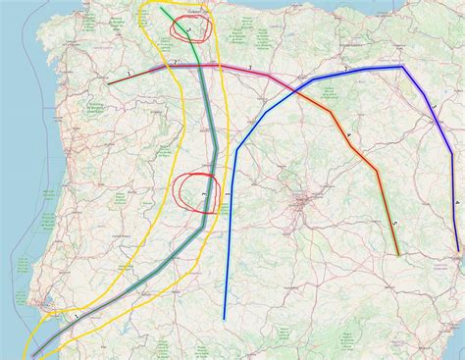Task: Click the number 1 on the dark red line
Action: tap(129, 74)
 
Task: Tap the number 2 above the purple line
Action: tap(175, 62)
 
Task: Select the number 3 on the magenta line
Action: tap(250, 67)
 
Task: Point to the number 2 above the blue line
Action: tap(345, 68)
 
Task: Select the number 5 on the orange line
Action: tap(394, 225)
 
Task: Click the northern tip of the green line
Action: tap(163, 8)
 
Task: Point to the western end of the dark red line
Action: tap(109, 83)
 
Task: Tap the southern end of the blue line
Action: tap(225, 319)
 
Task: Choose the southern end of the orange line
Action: tap(398, 255)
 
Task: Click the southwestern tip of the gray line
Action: tap(33, 353)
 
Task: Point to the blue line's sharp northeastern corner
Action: tap(403, 67)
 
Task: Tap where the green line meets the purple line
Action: tap(198, 66)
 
